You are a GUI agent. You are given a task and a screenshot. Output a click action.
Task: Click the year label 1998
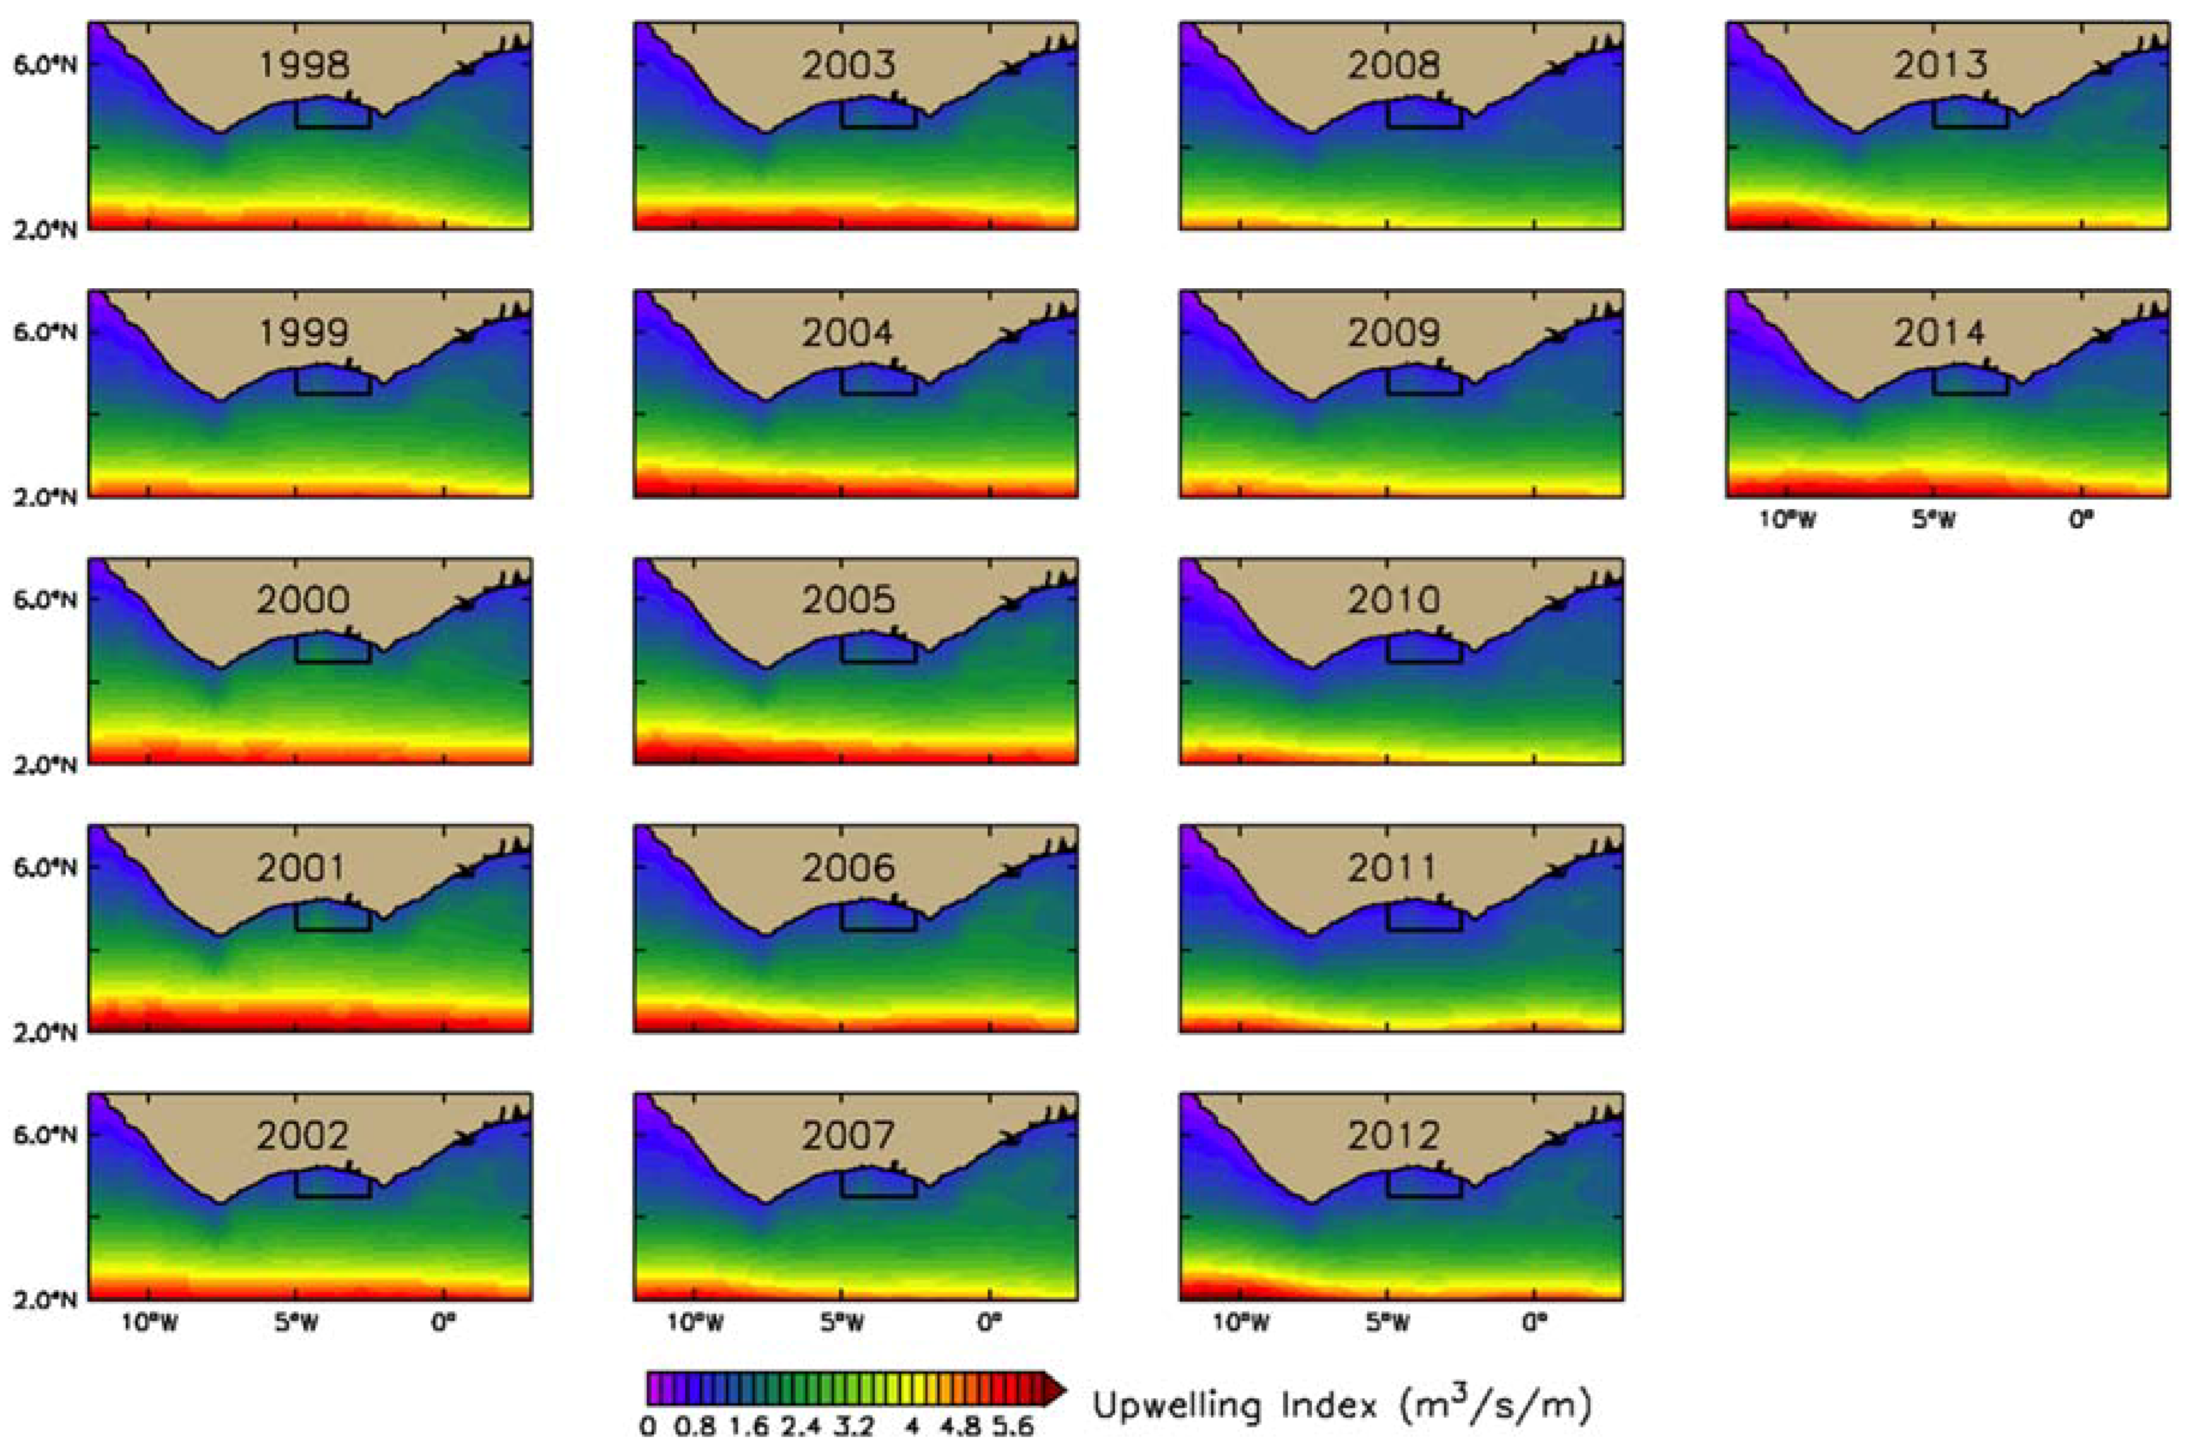click(x=303, y=65)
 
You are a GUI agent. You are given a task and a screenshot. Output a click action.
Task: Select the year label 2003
click(x=850, y=65)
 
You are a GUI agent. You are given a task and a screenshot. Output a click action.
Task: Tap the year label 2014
click(x=1941, y=333)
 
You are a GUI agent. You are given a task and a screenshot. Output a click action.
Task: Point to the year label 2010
click(x=1395, y=600)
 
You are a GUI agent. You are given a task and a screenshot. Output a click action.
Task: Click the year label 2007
click(x=850, y=1136)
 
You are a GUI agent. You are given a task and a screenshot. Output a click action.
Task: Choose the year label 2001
click(x=300, y=868)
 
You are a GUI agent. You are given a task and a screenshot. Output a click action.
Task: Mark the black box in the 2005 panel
click(x=878, y=649)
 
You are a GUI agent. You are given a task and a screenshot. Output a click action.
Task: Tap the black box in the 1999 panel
click(x=332, y=381)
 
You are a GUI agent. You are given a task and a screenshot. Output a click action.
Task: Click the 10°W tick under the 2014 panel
click(x=1789, y=520)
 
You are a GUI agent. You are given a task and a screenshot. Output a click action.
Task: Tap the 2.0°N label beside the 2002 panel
click(x=45, y=1300)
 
